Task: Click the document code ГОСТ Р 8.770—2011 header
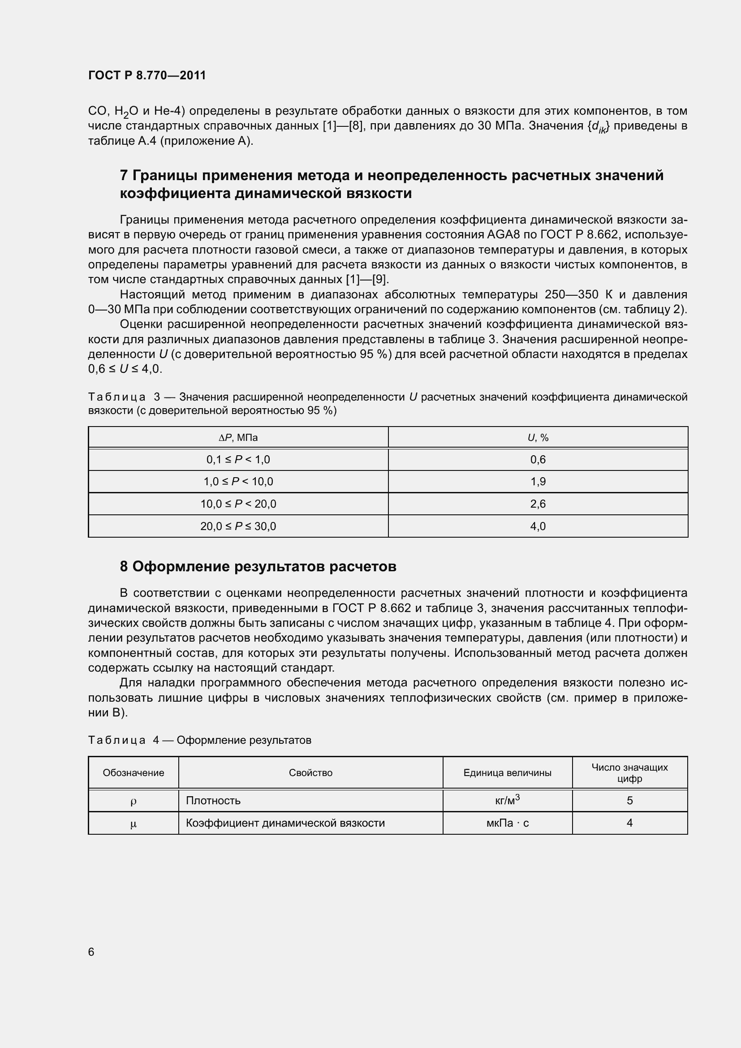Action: (147, 75)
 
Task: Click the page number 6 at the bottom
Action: (91, 952)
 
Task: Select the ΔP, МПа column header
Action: (238, 438)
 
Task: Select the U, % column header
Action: (538, 438)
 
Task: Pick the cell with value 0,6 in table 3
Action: (538, 460)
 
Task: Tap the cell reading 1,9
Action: (538, 482)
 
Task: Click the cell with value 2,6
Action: (538, 504)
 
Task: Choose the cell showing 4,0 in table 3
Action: (538, 526)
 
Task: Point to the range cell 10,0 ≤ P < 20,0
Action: (238, 504)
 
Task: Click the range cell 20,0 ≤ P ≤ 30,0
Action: (238, 526)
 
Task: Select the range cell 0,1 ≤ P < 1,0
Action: (238, 460)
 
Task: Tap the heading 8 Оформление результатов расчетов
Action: (258, 566)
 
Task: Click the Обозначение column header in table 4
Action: (133, 773)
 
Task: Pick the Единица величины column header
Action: (508, 773)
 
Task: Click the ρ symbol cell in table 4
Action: (133, 801)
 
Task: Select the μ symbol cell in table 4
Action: (133, 824)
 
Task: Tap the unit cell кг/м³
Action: (508, 801)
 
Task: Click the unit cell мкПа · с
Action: (508, 824)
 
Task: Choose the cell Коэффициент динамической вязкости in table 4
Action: (285, 824)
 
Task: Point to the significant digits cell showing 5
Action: (629, 801)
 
